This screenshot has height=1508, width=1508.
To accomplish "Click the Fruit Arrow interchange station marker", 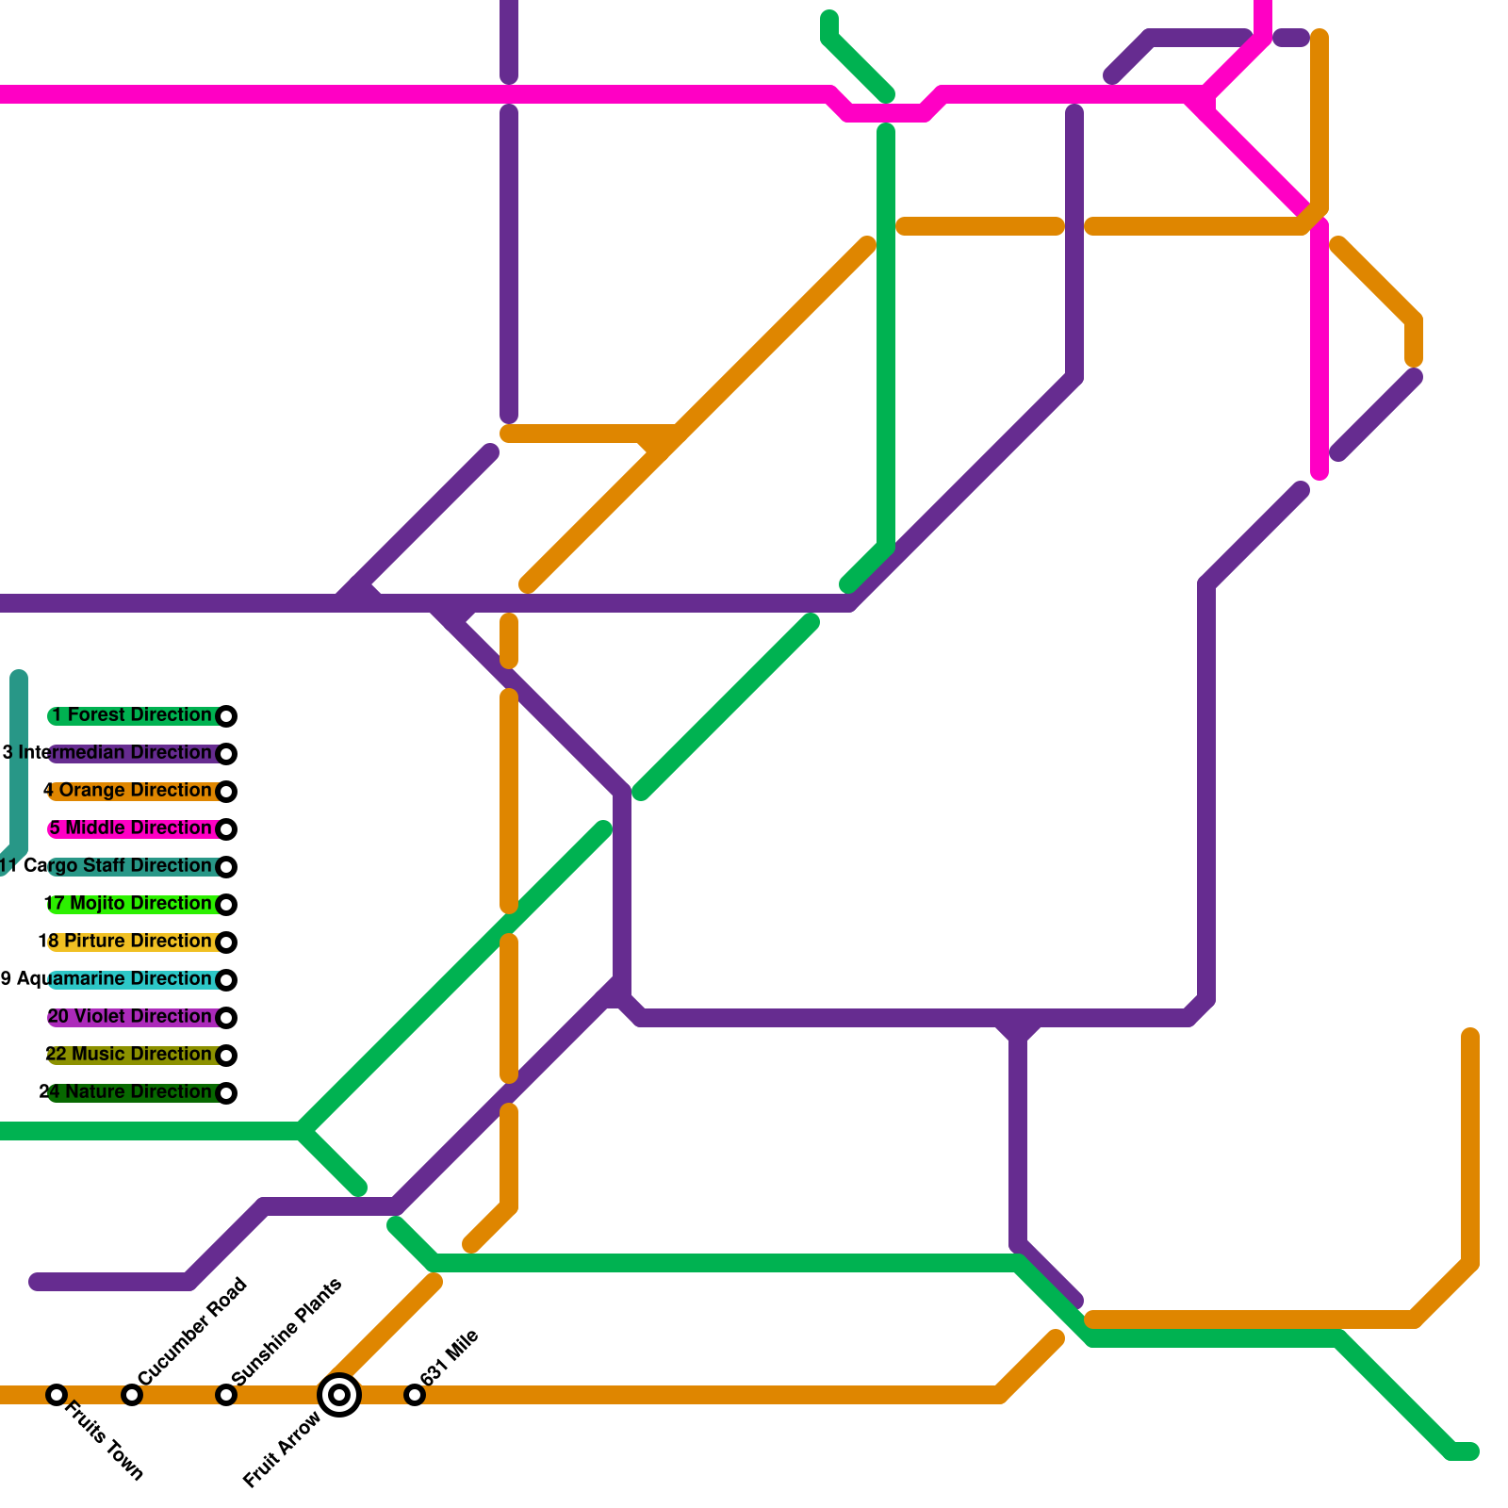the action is tap(339, 1395).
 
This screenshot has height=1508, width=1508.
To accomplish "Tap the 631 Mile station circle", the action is tap(415, 1395).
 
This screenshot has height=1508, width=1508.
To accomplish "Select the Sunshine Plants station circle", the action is tap(226, 1395).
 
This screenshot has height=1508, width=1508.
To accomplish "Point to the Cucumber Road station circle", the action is tap(132, 1395).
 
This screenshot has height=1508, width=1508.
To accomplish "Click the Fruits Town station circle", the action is tap(57, 1395).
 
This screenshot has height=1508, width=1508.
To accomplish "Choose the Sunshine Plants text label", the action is tap(287, 1332).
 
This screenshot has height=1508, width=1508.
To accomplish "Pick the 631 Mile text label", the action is tap(450, 1357).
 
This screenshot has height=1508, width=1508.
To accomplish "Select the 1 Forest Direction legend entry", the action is tap(132, 715).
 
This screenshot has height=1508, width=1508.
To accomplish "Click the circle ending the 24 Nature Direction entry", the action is tap(226, 1093).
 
